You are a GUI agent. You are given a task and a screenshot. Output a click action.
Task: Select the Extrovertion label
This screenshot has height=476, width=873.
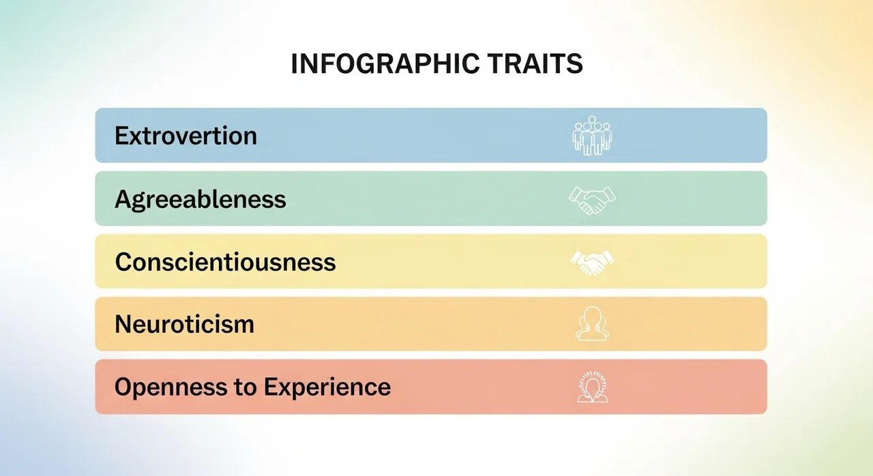(186, 136)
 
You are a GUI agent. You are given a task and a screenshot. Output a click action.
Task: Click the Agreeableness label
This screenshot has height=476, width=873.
(201, 199)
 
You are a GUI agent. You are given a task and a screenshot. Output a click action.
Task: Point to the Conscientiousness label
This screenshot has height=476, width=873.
(225, 261)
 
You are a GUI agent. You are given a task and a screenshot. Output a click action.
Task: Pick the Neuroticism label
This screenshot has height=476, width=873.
(184, 324)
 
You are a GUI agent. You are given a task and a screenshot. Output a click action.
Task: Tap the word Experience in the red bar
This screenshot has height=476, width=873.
(327, 387)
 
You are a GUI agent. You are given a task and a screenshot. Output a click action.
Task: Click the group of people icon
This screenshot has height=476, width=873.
(592, 136)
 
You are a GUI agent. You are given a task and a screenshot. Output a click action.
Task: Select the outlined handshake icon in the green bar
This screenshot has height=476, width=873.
(592, 200)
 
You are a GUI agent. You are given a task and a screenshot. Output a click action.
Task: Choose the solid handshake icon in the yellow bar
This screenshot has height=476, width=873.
(592, 263)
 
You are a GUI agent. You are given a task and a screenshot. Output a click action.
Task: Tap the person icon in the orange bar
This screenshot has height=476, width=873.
(593, 324)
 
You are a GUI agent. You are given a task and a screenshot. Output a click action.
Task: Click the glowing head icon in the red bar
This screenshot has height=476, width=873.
(593, 387)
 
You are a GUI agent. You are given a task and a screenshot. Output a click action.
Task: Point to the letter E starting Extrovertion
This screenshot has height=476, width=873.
(121, 136)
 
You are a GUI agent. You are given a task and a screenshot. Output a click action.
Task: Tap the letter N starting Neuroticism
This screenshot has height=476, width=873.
(123, 324)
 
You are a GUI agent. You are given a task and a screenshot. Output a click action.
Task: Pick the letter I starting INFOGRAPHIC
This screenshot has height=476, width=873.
(294, 63)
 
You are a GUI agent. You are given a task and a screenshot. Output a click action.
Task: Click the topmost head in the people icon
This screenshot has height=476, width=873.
(593, 119)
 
